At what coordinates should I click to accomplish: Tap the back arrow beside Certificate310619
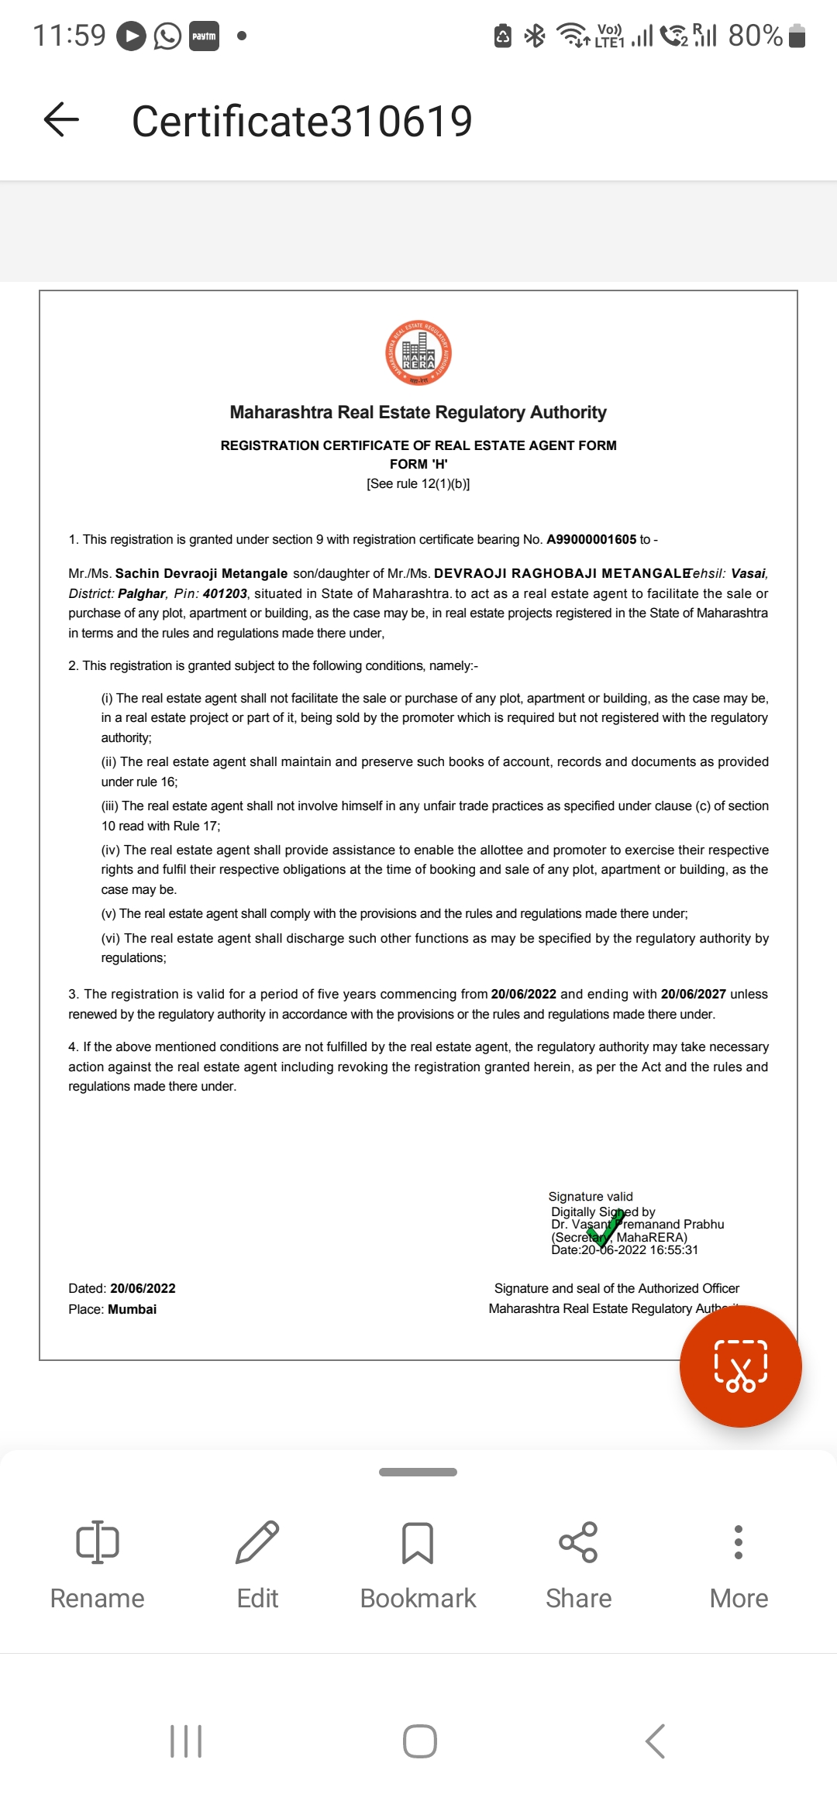(x=62, y=120)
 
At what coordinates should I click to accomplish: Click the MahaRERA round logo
(x=418, y=353)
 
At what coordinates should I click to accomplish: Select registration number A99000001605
(x=591, y=539)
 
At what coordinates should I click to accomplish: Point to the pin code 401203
(x=225, y=593)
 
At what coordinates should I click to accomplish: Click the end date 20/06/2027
(x=693, y=994)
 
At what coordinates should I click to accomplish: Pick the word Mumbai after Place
(x=132, y=1309)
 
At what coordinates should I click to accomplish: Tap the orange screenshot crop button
(x=740, y=1366)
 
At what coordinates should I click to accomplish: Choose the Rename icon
(x=98, y=1541)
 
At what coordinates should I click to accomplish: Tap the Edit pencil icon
(x=257, y=1541)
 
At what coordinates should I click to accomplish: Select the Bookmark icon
(x=418, y=1541)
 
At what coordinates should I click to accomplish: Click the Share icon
(x=578, y=1541)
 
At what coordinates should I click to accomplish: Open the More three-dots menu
(x=739, y=1541)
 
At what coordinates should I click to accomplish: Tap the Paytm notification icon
(x=204, y=36)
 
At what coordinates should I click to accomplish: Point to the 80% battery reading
(x=755, y=36)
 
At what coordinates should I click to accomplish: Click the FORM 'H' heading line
(x=418, y=464)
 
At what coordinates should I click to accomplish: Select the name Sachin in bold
(x=137, y=573)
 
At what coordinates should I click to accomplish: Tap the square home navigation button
(x=419, y=1741)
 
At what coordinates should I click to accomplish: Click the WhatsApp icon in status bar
(x=167, y=36)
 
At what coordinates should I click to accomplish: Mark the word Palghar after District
(x=142, y=593)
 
